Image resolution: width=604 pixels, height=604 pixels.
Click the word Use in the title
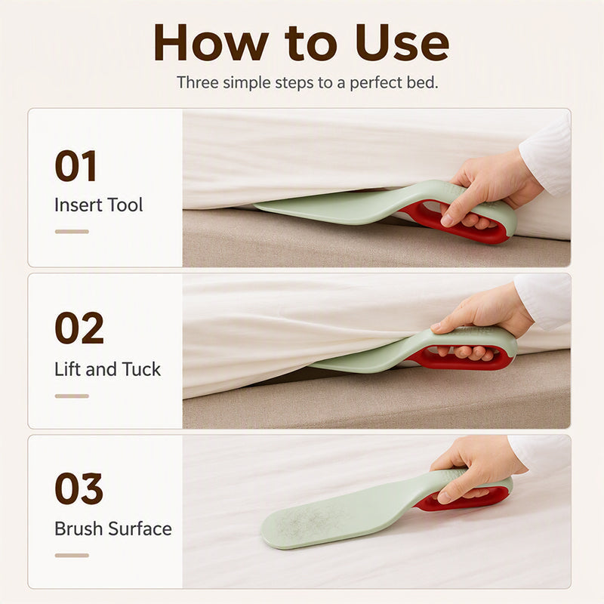[402, 42]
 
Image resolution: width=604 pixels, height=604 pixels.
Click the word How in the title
[211, 42]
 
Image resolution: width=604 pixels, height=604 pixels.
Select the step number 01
[75, 166]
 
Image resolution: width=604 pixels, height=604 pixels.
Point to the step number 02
[79, 328]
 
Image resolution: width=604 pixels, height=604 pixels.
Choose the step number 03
[79, 488]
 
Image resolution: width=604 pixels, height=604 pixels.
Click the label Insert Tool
[99, 205]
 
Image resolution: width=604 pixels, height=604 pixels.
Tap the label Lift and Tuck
[107, 369]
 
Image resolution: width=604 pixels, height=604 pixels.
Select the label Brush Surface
[113, 528]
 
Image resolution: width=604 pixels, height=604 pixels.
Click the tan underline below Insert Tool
[72, 232]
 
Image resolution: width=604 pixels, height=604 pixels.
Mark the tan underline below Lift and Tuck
[72, 396]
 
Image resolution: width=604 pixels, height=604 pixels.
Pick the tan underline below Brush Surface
[72, 556]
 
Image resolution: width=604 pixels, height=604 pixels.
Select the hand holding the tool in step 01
[488, 189]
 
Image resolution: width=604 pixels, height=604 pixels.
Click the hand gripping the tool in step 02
[481, 319]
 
